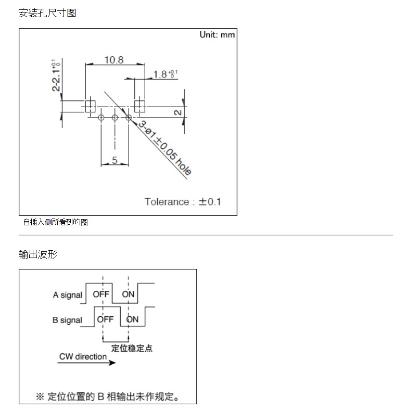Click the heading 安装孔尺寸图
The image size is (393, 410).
(47, 13)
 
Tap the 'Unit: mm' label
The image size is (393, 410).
(217, 35)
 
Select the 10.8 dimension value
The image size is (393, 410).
(113, 60)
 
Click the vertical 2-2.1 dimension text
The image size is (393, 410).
(56, 75)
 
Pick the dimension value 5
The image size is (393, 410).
(115, 160)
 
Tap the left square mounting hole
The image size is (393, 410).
(90, 106)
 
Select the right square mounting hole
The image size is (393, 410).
(140, 106)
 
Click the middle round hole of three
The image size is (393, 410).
(115, 118)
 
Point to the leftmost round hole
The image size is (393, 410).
(101, 118)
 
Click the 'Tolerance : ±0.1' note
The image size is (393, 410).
(183, 202)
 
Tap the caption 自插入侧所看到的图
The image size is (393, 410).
(55, 222)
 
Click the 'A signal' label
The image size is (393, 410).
(68, 295)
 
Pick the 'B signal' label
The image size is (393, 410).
(67, 320)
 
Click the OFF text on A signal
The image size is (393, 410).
(101, 294)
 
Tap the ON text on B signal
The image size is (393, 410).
(132, 319)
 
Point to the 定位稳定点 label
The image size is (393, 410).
(132, 348)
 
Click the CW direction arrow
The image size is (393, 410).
(86, 363)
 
